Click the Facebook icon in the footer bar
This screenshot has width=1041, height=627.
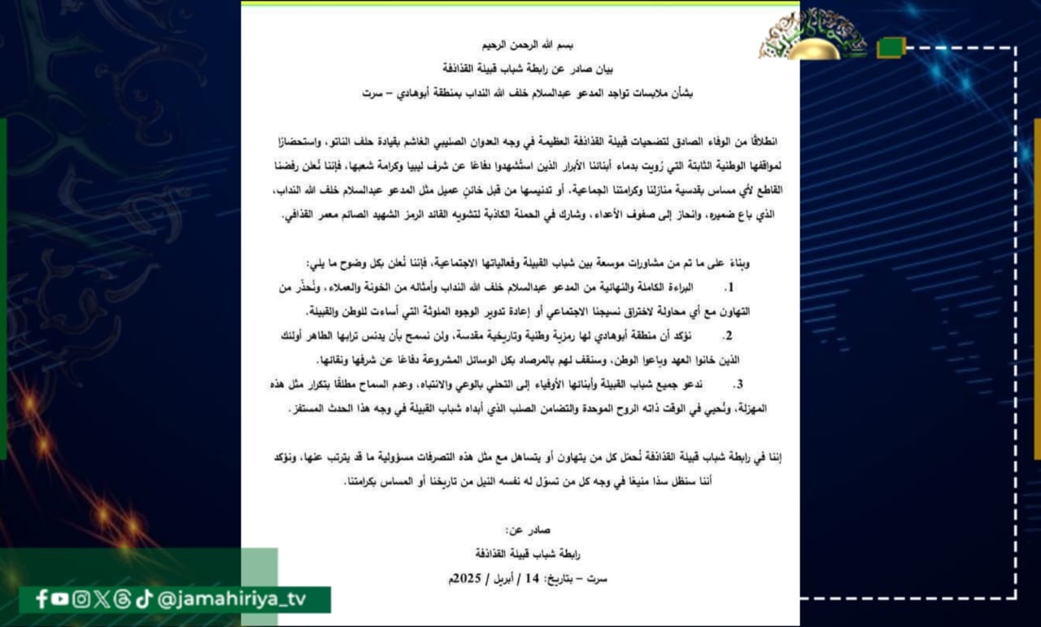(42, 599)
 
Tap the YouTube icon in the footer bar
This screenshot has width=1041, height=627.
(61, 599)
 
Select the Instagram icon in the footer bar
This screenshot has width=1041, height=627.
(81, 599)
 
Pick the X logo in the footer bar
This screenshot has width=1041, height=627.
(102, 599)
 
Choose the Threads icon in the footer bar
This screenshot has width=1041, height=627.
(123, 599)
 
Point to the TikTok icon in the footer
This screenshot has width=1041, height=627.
(143, 599)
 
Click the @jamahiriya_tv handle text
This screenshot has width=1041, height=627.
(231, 599)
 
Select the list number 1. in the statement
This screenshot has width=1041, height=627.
(729, 288)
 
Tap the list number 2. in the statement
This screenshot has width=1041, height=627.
(729, 336)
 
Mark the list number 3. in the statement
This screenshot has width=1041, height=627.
(738, 384)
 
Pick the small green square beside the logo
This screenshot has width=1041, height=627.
(891, 47)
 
